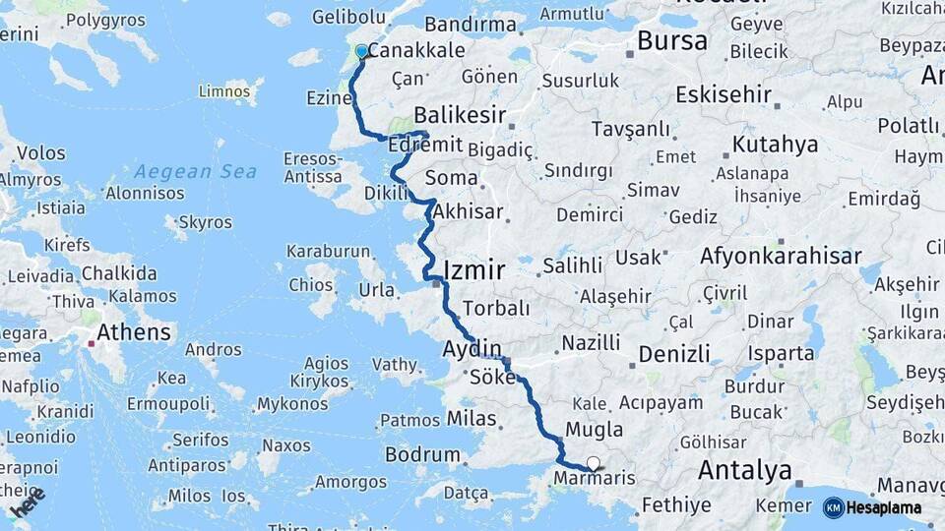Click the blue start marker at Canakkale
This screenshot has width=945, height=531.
point(361,51)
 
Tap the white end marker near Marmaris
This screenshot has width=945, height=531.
point(593,463)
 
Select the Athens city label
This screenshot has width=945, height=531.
point(134,332)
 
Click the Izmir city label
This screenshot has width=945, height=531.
point(474,269)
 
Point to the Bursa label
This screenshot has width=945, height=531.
point(672,41)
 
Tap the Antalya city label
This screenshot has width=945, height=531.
point(744,471)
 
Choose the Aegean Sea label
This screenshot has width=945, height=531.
point(195,172)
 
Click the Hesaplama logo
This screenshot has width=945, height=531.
point(872,507)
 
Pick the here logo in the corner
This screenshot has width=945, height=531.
point(29,501)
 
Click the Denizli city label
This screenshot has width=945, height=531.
point(674,354)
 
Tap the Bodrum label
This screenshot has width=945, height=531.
point(422,455)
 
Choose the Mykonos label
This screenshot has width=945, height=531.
point(292,404)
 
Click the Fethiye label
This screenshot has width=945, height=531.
point(676,505)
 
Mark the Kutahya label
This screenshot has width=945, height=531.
point(775,146)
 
